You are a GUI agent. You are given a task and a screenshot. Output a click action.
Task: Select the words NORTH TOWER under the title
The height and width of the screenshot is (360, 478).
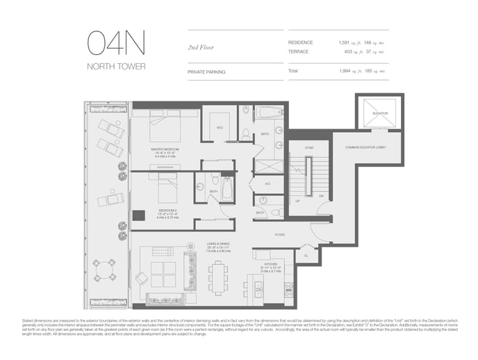coord(116,67)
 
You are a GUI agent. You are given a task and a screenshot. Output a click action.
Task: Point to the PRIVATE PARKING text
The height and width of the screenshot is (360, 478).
coord(206,72)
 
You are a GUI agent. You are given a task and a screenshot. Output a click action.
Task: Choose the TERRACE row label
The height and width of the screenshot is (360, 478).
coord(298,51)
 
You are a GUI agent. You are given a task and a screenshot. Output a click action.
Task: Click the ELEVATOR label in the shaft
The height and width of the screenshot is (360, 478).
coord(379,113)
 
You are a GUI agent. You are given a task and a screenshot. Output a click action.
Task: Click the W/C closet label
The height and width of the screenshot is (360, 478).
coord(220,127)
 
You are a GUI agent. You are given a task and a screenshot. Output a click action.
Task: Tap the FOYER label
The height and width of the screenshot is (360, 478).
coord(279,235)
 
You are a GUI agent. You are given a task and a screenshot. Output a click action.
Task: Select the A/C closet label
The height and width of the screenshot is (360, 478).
coord(267,184)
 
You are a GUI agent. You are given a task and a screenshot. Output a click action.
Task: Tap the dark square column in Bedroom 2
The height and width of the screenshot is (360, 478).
coord(138,215)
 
